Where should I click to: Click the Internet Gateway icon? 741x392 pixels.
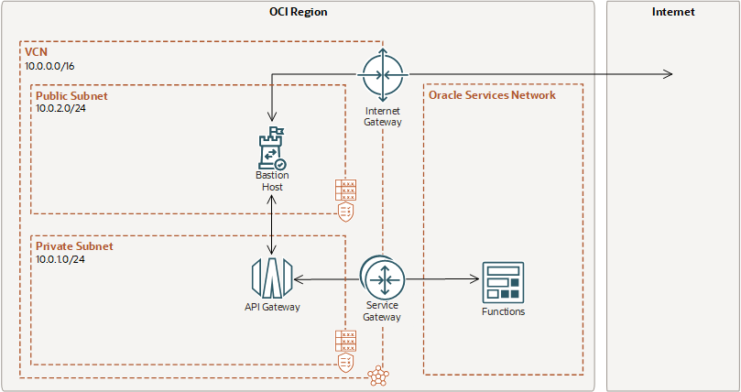coord(382,74)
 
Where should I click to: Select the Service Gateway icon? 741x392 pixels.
coord(382,278)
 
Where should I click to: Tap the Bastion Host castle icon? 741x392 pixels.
coord(272,149)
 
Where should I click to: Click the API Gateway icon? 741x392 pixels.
coord(271,278)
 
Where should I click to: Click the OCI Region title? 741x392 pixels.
coord(298,12)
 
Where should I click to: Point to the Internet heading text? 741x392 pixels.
coord(673,12)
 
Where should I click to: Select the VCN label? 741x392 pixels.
coord(36,53)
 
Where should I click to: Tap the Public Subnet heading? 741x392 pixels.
coord(71,95)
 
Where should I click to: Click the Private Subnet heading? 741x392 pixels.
coord(73,246)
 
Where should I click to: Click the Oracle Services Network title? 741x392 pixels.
coord(492,95)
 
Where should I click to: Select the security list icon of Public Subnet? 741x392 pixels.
coord(345,200)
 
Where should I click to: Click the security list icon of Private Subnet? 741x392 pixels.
coord(345,352)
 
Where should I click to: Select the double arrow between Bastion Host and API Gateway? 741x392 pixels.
coord(272,224)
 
